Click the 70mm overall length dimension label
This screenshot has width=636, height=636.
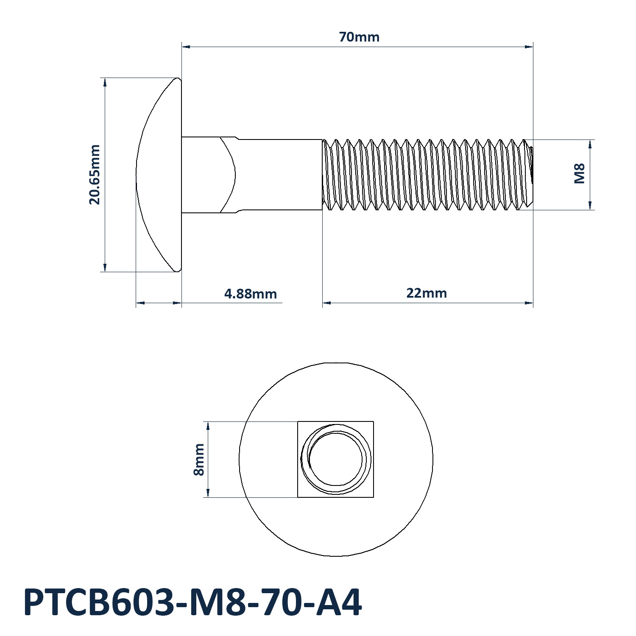(359, 37)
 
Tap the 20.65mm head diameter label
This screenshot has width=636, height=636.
(95, 175)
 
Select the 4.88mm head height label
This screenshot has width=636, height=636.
(251, 293)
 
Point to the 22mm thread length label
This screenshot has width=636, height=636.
(427, 293)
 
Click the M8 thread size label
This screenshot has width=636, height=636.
(580, 173)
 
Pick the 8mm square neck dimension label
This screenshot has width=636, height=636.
(199, 460)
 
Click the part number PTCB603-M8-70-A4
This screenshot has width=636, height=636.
(193, 603)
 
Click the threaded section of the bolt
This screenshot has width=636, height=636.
(427, 175)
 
